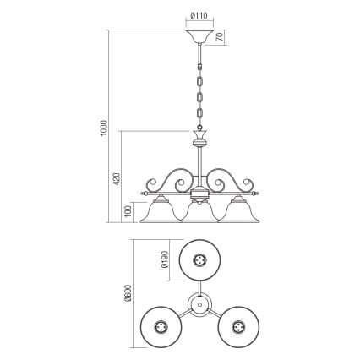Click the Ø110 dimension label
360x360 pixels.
[199, 14]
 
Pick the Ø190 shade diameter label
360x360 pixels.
[164, 259]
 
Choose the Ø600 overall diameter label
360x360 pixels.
[129, 293]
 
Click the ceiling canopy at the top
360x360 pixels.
[199, 37]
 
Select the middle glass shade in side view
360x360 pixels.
[199, 211]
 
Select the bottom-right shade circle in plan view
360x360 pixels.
[241, 325]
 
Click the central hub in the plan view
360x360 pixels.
[199, 302]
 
